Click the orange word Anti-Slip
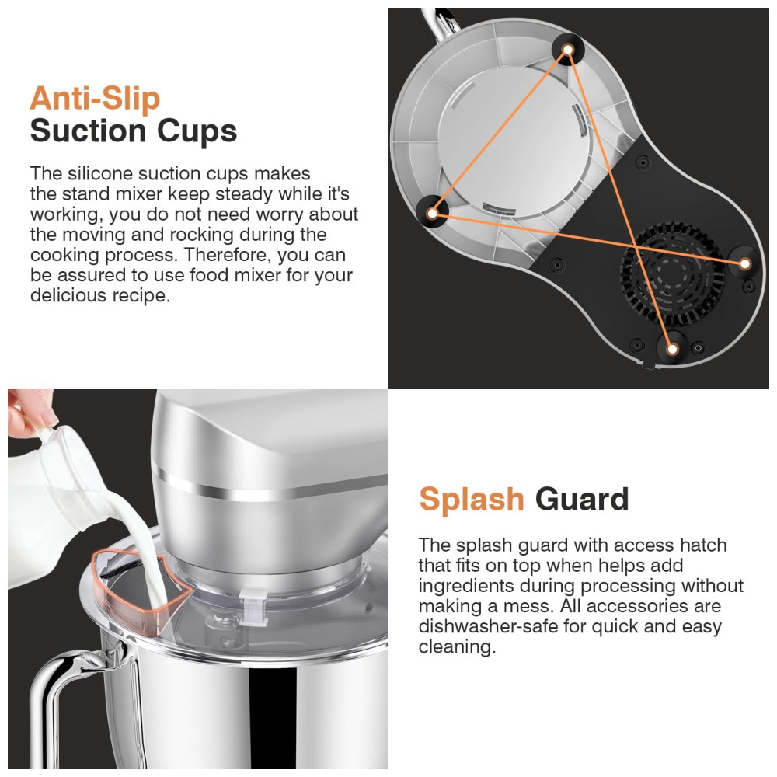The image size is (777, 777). pos(95,98)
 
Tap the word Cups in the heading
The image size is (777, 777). pos(197,132)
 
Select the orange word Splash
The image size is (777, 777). pos(472,499)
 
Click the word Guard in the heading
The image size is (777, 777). pos(582,499)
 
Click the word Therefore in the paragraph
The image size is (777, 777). pos(228,255)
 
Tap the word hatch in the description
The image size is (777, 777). pos(702,545)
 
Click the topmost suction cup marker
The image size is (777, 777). pos(568,48)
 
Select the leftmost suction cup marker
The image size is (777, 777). pos(431,213)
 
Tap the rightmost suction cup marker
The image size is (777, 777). pos(744,263)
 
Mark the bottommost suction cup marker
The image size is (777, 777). pos(672,349)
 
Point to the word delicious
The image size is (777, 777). pos(68,295)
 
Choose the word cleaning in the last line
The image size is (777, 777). pos(457,647)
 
